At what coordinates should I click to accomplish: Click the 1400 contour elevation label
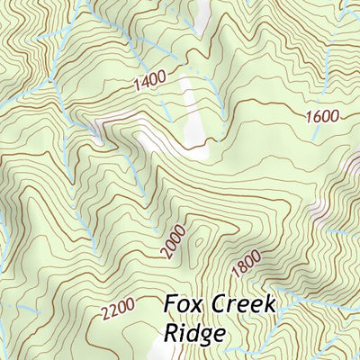(148, 84)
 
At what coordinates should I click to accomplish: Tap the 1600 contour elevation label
(322, 116)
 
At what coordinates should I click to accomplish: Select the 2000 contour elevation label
(175, 242)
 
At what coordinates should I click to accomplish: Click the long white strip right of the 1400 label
(189, 112)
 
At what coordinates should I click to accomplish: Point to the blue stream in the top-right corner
(346, 13)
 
